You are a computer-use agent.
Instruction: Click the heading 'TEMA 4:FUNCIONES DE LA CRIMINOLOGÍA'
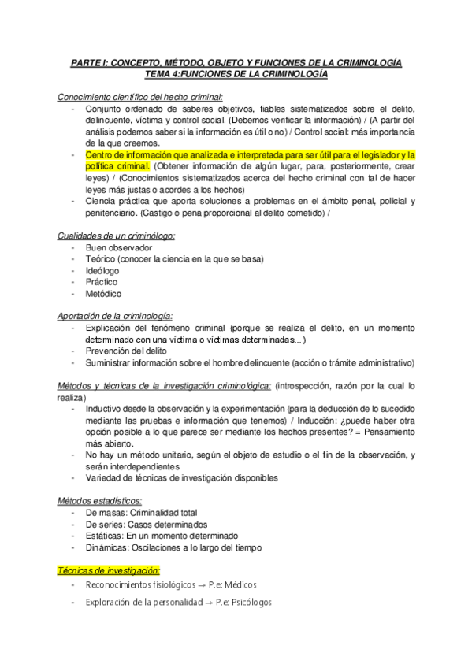point(236,74)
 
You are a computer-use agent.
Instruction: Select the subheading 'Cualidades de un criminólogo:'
point(117,236)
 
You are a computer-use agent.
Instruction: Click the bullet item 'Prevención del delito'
point(128,351)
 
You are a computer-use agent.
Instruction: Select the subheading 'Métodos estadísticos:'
point(100,501)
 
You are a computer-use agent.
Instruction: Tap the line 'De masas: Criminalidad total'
point(141,513)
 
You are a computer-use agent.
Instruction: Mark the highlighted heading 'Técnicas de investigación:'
point(110,570)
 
